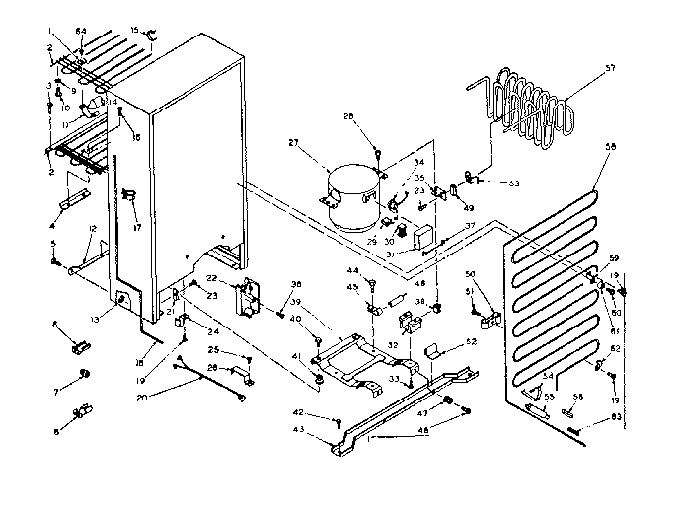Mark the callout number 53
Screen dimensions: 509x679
click(514, 182)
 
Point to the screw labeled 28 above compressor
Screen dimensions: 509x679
click(378, 151)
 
